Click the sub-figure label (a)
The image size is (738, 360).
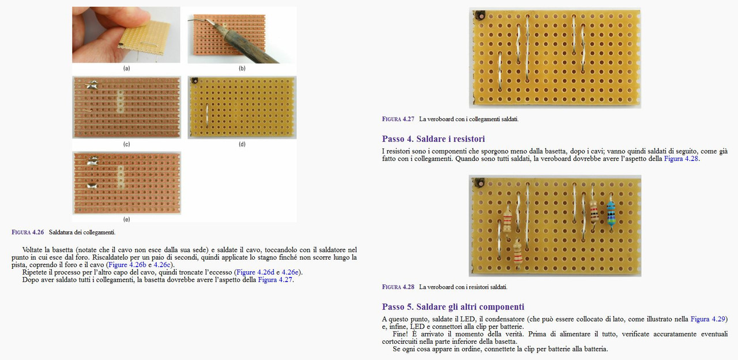click(x=126, y=68)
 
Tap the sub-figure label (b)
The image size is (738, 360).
click(x=242, y=68)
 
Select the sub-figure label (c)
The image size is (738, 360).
click(x=126, y=144)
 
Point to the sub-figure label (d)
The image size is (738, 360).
click(x=242, y=144)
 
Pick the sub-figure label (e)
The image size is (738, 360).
click(x=126, y=219)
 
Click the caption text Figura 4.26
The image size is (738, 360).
click(x=28, y=232)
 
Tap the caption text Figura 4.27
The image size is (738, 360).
click(x=398, y=119)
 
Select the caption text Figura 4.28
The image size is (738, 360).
click(x=398, y=287)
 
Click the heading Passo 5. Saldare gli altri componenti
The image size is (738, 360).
click(x=453, y=307)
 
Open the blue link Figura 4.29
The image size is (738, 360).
click(x=709, y=319)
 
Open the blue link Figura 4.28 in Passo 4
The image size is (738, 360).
click(x=681, y=159)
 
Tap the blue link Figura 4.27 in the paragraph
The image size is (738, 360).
click(x=275, y=280)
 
